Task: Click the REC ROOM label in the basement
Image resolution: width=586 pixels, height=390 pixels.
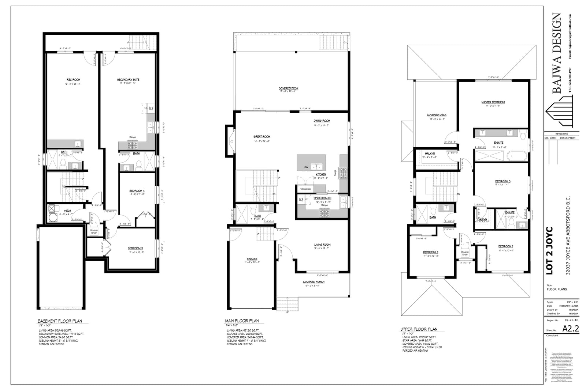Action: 73,80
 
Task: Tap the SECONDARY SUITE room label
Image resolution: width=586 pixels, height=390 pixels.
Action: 128,80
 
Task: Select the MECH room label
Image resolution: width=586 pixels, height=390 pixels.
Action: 67,211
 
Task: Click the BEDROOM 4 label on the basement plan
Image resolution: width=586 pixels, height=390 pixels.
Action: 137,191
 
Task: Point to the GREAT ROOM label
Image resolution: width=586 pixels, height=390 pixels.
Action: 262,137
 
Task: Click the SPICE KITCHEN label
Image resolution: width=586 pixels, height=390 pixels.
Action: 322,198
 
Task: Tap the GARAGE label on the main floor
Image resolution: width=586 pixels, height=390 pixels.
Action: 252,259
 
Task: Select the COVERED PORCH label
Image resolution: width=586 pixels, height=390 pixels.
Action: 314,282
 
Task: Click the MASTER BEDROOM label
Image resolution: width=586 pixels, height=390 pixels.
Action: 493,102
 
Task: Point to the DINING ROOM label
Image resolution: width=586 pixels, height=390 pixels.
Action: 322,121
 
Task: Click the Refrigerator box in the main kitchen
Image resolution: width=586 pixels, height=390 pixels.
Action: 305,189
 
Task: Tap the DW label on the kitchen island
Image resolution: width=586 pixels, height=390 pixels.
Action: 306,167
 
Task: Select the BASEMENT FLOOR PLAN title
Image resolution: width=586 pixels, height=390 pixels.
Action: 60,321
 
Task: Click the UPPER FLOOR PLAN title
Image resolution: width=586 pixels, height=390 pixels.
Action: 419,329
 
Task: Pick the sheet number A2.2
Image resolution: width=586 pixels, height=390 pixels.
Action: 571,329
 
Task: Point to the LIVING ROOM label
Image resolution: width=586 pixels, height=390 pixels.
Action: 322,245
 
